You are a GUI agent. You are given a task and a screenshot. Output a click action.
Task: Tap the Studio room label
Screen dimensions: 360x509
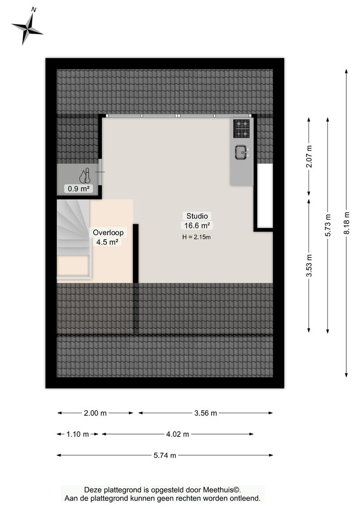coord(197,216)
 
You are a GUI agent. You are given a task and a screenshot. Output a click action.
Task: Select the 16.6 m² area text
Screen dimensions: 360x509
coord(197,225)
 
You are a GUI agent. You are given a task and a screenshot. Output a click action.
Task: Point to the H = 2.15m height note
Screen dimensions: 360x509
coord(197,237)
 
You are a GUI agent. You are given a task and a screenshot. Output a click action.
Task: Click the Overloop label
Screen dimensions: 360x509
coord(108,233)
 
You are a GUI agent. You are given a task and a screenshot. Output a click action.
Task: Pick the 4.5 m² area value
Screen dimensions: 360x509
coord(107,242)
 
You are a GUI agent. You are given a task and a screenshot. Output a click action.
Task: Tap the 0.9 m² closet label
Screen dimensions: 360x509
coord(78,188)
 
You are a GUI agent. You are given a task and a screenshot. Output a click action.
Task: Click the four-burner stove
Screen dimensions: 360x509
coord(241,129)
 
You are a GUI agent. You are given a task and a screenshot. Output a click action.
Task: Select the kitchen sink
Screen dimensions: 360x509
coord(242,153)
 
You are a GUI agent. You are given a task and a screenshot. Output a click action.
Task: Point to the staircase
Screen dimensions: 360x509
coord(74,239)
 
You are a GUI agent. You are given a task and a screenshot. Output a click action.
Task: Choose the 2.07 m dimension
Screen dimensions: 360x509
coord(309,156)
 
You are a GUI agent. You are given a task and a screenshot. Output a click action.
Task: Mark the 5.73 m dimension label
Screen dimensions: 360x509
coord(328,225)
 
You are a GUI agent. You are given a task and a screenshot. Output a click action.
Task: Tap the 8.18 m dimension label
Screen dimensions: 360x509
coord(347,223)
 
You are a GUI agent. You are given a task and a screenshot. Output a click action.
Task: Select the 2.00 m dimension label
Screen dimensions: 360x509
coord(95,413)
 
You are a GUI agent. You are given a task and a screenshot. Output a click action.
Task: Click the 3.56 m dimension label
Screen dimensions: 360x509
coord(206,413)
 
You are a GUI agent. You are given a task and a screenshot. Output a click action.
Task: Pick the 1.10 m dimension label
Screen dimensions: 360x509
coord(77,434)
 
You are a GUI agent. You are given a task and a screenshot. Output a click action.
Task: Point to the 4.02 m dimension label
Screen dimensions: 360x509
coord(178,434)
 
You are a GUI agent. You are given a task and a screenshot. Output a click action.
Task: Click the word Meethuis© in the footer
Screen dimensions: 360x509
coord(222,490)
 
